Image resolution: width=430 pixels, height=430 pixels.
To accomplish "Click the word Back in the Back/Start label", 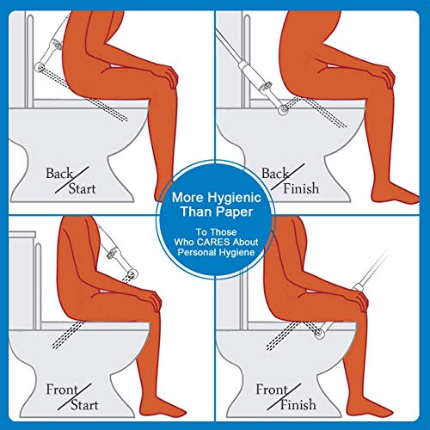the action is pyautogui.click(x=59, y=174).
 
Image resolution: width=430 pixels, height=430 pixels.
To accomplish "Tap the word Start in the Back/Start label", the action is pyautogui.click(x=82, y=188).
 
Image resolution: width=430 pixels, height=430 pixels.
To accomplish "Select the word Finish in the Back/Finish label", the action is pyautogui.click(x=301, y=188).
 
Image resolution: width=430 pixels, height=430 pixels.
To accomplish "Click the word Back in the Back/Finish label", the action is pyautogui.click(x=275, y=174).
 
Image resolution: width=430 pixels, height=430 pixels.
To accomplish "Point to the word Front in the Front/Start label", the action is pyautogui.click(x=62, y=390).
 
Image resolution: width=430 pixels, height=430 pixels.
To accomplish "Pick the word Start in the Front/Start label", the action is pyautogui.click(x=84, y=404).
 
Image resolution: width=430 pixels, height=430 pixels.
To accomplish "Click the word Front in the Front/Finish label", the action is pyautogui.click(x=272, y=390).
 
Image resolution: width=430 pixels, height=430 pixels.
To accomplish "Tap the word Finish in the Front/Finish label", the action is pyautogui.click(x=298, y=404).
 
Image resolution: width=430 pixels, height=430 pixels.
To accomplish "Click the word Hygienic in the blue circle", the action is pyautogui.click(x=234, y=198).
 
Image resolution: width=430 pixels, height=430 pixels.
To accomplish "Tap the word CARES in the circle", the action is pyautogui.click(x=213, y=242).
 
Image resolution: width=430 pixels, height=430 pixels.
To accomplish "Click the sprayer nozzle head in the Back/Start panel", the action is pyautogui.click(x=40, y=68).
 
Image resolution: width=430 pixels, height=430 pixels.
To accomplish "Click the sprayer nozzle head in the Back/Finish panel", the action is pyautogui.click(x=283, y=109).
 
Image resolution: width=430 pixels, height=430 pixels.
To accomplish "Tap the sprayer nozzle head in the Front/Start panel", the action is pyautogui.click(x=132, y=274).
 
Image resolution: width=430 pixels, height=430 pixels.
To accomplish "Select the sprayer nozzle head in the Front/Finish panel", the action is pyautogui.click(x=319, y=333).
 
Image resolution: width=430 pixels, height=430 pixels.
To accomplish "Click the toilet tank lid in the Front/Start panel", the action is pyautogui.click(x=22, y=235).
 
